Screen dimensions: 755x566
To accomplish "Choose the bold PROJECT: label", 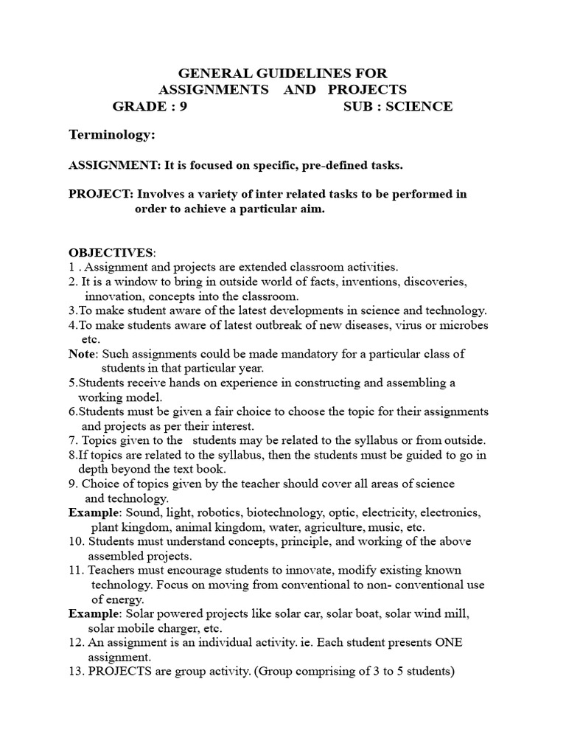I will (x=100, y=194).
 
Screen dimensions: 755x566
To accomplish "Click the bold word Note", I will (x=83, y=354).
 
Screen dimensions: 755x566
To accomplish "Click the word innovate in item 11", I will (x=290, y=571).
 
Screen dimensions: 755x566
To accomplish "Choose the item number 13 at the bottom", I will (x=77, y=672).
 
